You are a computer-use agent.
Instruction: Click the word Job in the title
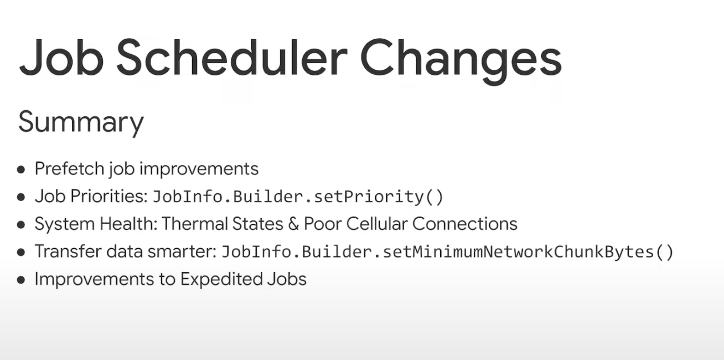click(x=62, y=58)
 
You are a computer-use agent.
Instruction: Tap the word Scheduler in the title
click(x=232, y=58)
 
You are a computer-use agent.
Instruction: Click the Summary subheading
click(x=81, y=123)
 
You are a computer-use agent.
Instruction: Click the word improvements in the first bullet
click(x=199, y=169)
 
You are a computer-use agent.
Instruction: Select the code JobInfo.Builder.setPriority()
click(x=298, y=197)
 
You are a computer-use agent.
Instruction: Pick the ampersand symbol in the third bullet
click(x=293, y=224)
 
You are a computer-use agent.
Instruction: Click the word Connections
click(x=465, y=224)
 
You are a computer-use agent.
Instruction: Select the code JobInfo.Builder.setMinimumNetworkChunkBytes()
click(x=447, y=251)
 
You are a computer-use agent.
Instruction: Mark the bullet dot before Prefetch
click(x=21, y=169)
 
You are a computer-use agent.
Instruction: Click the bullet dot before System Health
click(x=21, y=224)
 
